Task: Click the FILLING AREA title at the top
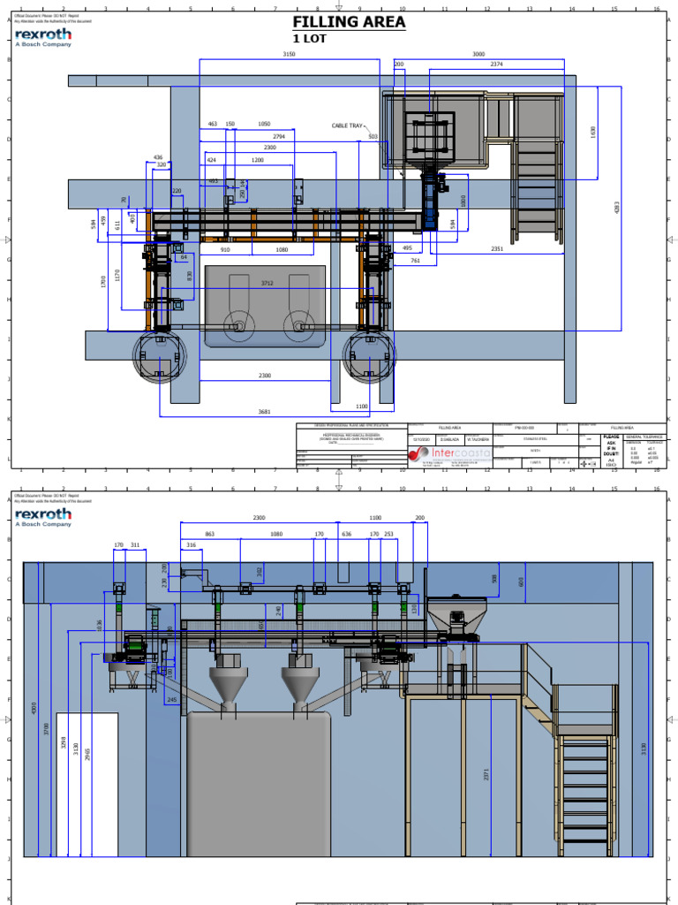click(x=349, y=22)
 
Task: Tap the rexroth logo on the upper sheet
click(x=43, y=37)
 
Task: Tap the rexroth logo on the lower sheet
click(x=43, y=514)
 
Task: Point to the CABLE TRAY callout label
click(x=347, y=126)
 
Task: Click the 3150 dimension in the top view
click(x=289, y=55)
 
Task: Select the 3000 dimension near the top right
click(x=478, y=55)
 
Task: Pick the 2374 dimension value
click(x=497, y=65)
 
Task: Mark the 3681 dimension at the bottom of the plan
click(x=264, y=411)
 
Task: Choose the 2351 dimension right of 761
click(x=498, y=250)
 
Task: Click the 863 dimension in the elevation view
click(x=209, y=535)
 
